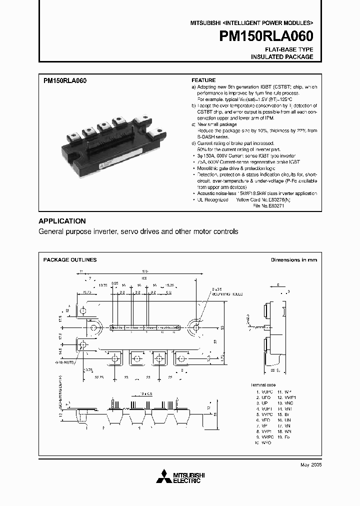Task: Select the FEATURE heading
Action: tap(204, 80)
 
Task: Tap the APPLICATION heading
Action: tap(62, 221)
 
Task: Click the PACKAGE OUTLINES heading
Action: tap(70, 260)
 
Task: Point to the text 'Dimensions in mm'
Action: tap(293, 260)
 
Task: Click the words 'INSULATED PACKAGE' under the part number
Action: tap(282, 57)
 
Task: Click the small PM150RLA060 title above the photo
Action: tap(65, 80)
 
